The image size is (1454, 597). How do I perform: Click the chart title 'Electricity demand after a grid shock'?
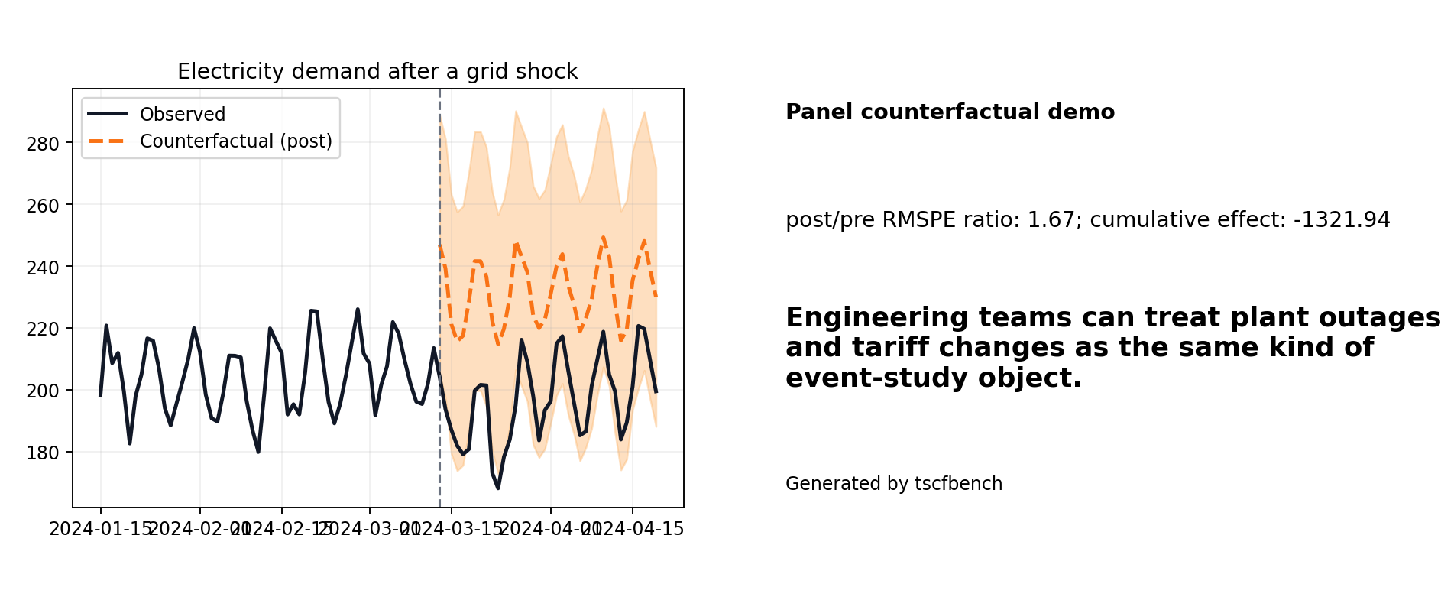(377, 72)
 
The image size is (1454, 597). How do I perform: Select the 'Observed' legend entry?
(182, 115)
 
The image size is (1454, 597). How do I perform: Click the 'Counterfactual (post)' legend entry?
(235, 141)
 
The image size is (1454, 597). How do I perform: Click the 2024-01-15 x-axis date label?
(101, 529)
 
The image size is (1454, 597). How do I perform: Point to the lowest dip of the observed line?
(498, 488)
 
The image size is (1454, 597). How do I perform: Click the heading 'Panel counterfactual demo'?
(950, 112)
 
